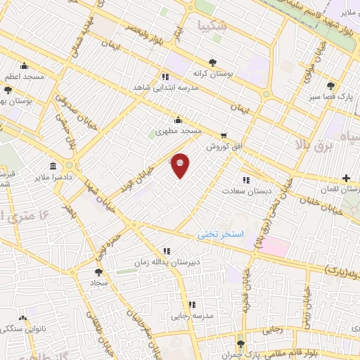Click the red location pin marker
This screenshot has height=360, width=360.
pos(181,165)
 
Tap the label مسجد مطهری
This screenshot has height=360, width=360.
pos(179,131)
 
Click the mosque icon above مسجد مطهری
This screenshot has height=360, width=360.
pos(179,119)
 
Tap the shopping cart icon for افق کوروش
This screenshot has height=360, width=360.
pos(224,136)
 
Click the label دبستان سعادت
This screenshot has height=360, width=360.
pos(245,191)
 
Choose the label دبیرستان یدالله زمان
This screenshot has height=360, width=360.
pos(167,263)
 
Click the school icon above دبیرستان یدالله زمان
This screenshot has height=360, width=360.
pos(167,251)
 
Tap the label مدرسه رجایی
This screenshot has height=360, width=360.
pos(192,316)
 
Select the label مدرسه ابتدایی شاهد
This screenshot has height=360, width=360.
pos(165,89)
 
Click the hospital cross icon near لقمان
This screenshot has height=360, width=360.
pos(345,179)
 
